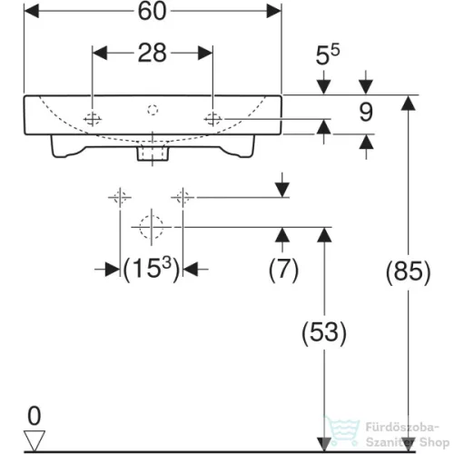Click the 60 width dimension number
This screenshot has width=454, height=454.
tap(153, 11)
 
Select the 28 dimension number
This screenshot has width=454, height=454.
tap(153, 53)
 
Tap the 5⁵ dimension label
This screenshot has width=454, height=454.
tap(328, 54)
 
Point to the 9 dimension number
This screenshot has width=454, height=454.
tap(366, 112)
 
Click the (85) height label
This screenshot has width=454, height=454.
tap(408, 271)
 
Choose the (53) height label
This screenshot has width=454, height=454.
tap(324, 332)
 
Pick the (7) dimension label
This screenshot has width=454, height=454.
tap(283, 269)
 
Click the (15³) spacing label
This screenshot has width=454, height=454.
tap(152, 269)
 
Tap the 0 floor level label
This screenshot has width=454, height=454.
tap(35, 416)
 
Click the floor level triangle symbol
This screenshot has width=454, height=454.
tap(35, 440)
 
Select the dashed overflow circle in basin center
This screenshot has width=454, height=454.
tap(153, 110)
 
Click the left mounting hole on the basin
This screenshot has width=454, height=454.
tap(93, 119)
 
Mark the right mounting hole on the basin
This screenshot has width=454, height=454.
tap(212, 119)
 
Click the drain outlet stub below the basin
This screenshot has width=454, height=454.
tap(153, 153)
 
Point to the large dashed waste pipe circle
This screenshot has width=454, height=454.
tap(152, 227)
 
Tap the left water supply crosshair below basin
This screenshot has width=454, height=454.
tap(120, 198)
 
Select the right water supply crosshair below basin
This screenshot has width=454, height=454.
tap(183, 198)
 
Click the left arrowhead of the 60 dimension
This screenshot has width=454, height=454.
tap(32, 11)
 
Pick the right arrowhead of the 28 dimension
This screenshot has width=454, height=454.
tap(205, 53)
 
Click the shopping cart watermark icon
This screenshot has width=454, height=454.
tap(342, 430)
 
